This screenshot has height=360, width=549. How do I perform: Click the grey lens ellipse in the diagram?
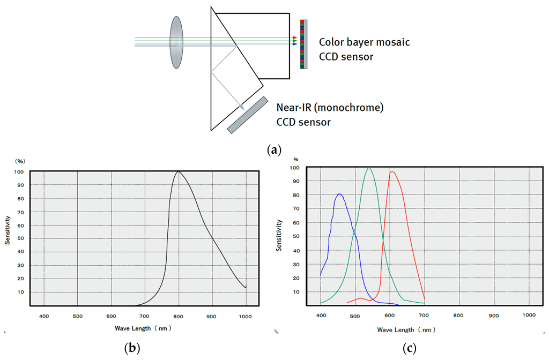[x=176, y=42]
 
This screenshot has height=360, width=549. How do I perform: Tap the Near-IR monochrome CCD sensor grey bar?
[x=248, y=115]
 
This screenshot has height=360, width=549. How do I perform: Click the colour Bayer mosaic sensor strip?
[x=304, y=44]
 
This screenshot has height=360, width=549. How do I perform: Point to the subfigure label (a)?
[x=274, y=150]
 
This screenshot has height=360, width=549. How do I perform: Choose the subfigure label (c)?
[x=410, y=348]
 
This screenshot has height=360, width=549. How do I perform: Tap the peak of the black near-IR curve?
[x=179, y=171]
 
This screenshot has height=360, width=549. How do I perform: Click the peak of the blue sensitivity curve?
[x=339, y=194]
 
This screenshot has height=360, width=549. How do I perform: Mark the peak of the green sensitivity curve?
[x=369, y=167]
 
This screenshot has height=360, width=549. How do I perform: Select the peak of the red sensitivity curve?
[x=392, y=171]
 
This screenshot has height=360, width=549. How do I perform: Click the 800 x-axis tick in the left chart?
[x=179, y=316]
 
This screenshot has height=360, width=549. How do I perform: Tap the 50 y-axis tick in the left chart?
[x=20, y=238]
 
